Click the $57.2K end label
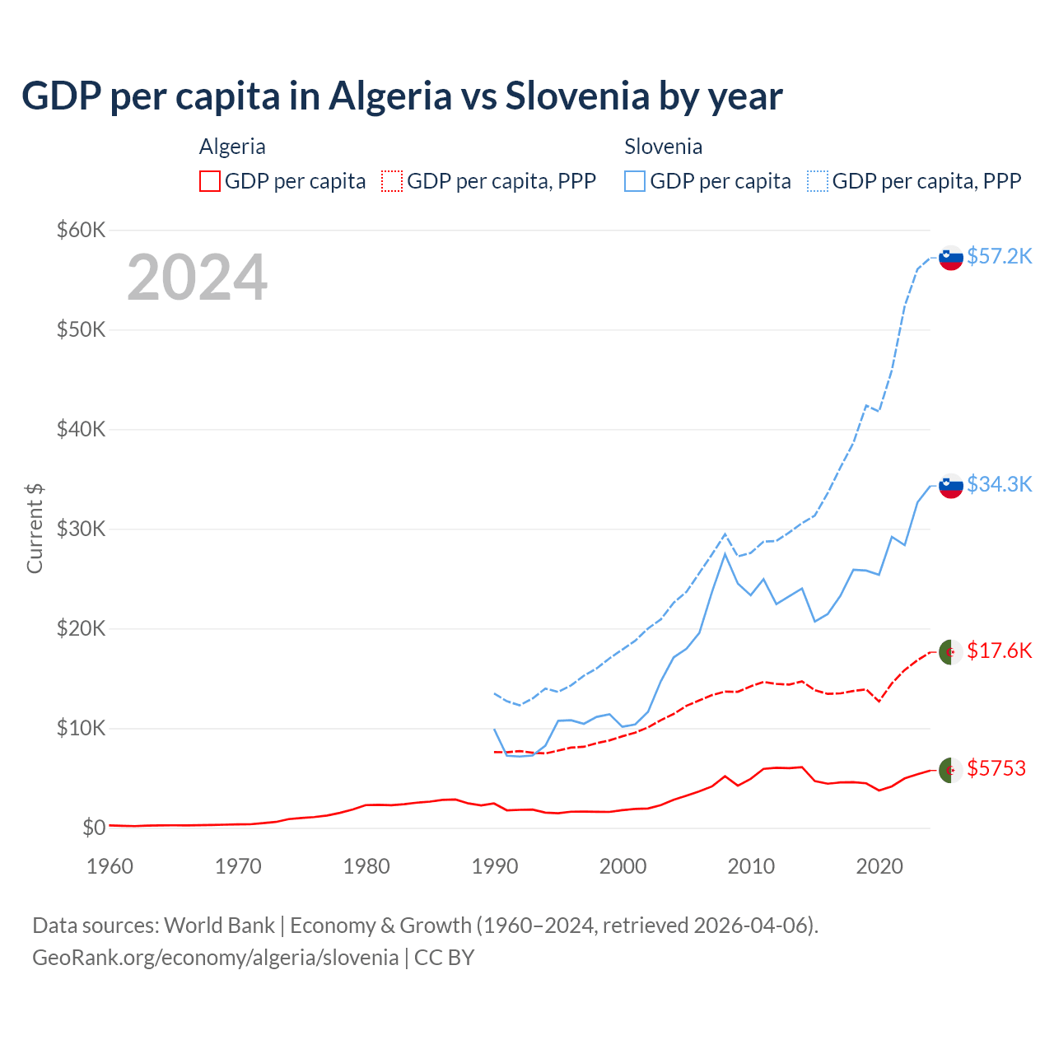[x=999, y=256]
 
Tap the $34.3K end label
[x=999, y=484]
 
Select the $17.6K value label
[x=999, y=651]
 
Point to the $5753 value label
[x=996, y=768]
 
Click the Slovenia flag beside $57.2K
[x=951, y=258]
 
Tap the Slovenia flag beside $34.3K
[x=951, y=486]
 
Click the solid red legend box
[x=210, y=181]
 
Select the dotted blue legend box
[x=818, y=181]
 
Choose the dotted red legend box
[x=392, y=181]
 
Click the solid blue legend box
[x=635, y=181]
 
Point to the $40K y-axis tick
[x=81, y=429]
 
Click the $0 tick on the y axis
[x=93, y=828]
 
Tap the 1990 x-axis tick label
[x=494, y=866]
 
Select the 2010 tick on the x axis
[x=751, y=866]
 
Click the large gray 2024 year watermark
[x=197, y=277]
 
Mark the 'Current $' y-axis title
[x=35, y=528]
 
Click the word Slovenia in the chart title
[x=577, y=96]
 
